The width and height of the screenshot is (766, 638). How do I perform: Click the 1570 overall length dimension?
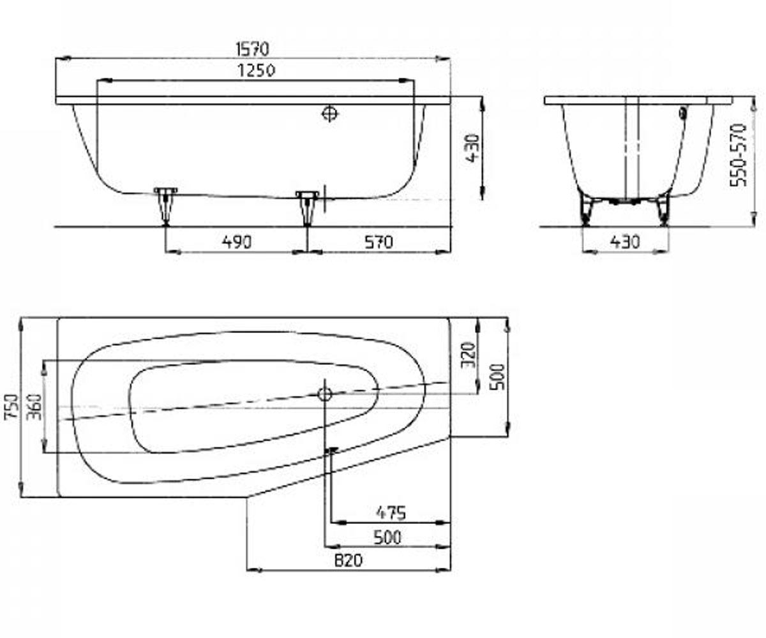point(252,48)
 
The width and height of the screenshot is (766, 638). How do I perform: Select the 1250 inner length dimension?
point(256,70)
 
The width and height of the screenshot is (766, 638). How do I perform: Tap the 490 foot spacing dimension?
point(237,242)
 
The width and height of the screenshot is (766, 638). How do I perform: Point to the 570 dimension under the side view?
point(379,242)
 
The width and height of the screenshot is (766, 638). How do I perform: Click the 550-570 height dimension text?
point(738,156)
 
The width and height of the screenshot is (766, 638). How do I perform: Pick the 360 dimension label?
point(35,406)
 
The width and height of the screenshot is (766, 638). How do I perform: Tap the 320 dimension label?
point(468,355)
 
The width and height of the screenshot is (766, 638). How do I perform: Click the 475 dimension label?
point(391,512)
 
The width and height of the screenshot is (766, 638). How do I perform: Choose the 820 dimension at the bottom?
point(348,560)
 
